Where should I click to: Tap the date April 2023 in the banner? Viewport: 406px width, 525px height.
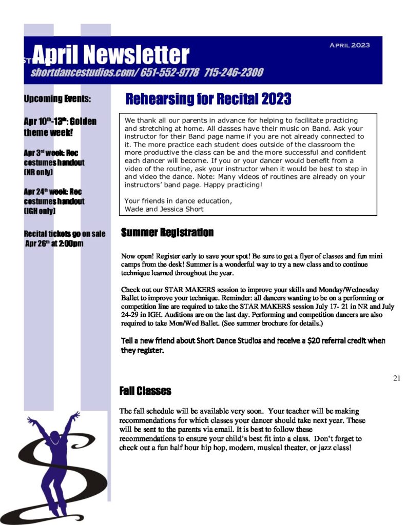[350, 45]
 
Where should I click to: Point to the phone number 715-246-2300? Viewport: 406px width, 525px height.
[234, 72]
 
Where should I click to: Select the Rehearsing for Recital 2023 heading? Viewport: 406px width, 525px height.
[208, 98]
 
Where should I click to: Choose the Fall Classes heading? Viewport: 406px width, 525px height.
[145, 391]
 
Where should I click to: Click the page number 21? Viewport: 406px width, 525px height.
[396, 378]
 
